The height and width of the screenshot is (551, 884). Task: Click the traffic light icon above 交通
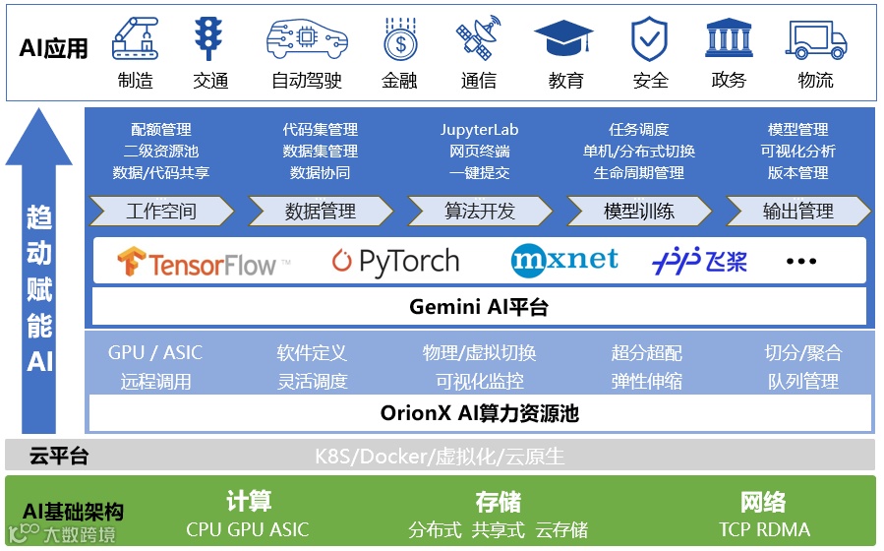click(x=209, y=39)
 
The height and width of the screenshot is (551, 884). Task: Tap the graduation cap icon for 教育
click(x=563, y=40)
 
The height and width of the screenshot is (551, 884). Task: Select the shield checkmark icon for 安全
click(x=649, y=40)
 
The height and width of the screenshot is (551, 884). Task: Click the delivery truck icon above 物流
click(x=816, y=40)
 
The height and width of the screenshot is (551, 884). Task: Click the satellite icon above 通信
click(x=479, y=39)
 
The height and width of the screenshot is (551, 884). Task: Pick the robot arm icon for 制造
click(x=135, y=40)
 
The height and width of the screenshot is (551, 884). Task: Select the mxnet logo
click(x=564, y=260)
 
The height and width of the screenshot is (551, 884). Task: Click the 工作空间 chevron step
click(x=161, y=211)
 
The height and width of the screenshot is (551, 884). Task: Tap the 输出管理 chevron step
click(x=797, y=211)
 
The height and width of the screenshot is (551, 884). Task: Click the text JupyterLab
click(x=479, y=130)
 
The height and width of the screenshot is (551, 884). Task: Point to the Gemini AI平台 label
click(x=479, y=307)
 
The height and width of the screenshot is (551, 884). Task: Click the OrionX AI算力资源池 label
click(x=479, y=413)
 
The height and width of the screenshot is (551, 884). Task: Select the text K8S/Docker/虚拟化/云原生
click(x=440, y=457)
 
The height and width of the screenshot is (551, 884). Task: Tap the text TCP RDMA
click(x=764, y=529)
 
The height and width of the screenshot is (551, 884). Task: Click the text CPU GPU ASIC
click(x=247, y=529)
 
